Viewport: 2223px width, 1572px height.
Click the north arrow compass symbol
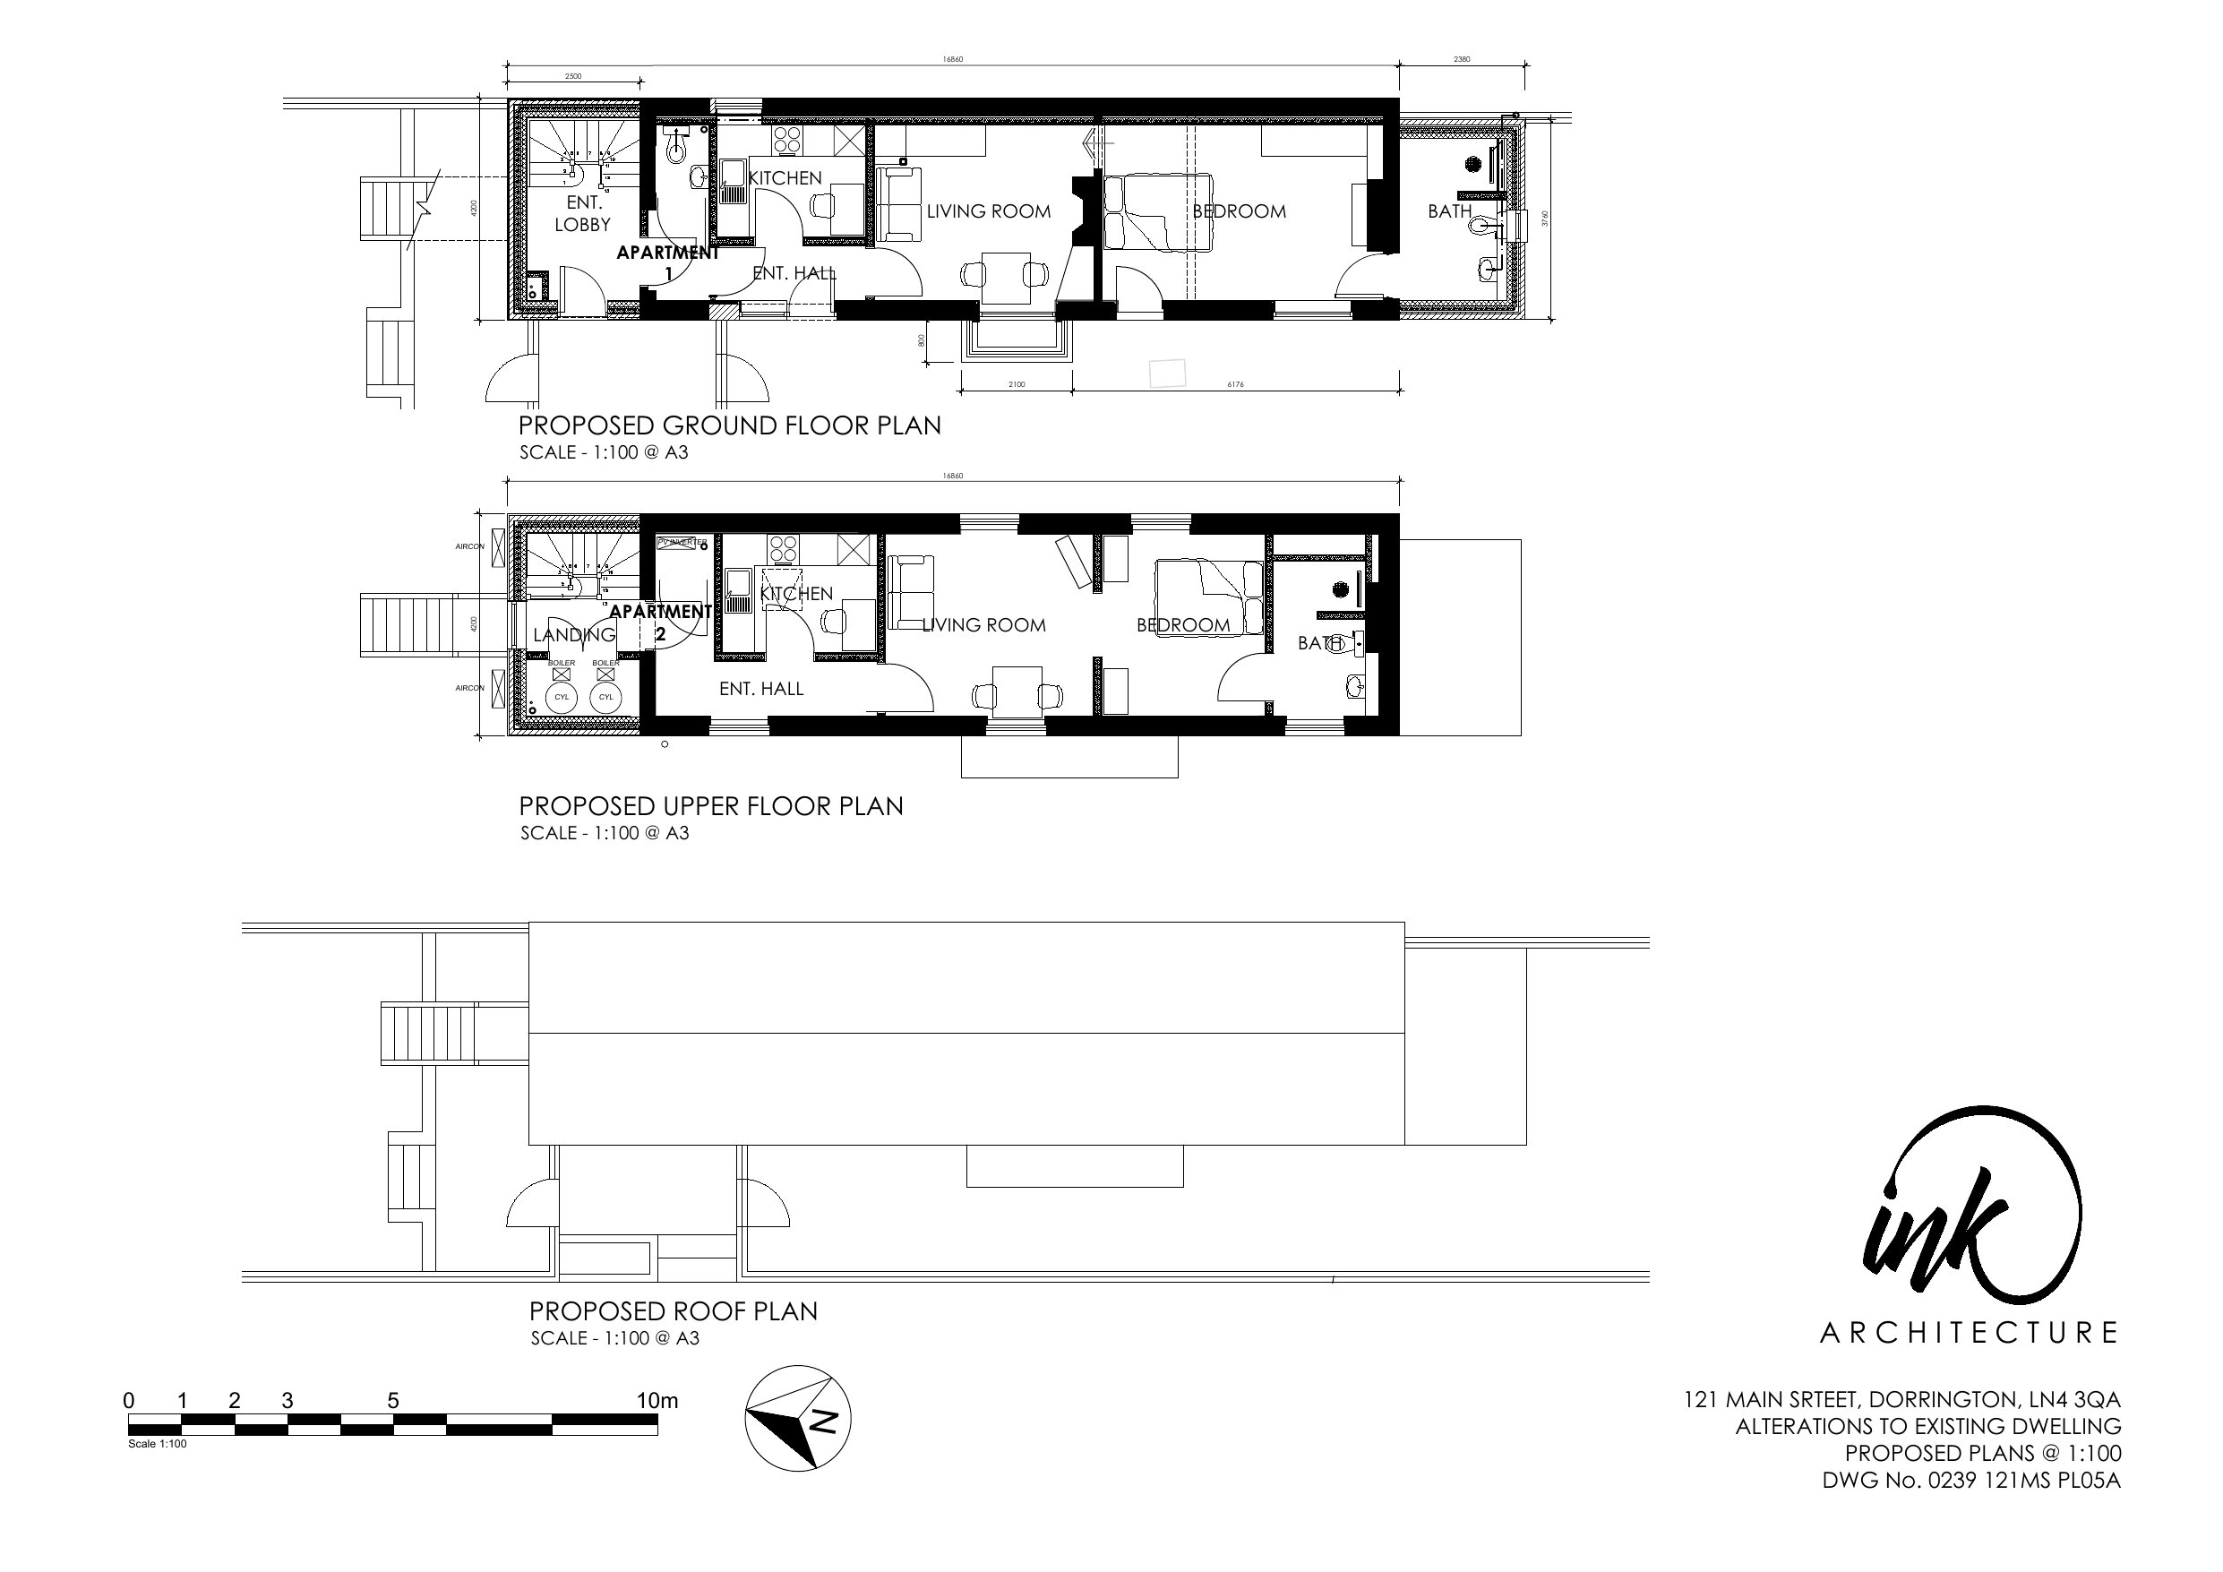tap(798, 1418)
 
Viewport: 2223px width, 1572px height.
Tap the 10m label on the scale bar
tap(657, 1401)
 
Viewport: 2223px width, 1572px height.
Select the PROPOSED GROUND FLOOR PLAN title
tap(729, 425)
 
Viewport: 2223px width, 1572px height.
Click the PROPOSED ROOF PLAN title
tap(673, 1310)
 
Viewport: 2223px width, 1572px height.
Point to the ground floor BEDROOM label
tap(1239, 211)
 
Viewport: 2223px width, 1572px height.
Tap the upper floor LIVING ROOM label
tap(983, 624)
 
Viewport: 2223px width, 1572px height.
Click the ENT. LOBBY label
tap(583, 213)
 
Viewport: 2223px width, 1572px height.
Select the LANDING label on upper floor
tap(574, 634)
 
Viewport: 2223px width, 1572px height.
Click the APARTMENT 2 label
tap(660, 622)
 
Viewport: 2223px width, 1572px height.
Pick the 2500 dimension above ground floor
tap(573, 75)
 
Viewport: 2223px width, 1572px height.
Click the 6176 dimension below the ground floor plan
tap(1235, 384)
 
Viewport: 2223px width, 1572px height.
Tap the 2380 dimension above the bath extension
tap(1462, 59)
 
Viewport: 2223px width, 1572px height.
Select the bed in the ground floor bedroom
tap(1159, 212)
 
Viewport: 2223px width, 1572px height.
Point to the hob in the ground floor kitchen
tap(785, 141)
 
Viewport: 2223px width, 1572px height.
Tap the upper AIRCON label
tap(469, 546)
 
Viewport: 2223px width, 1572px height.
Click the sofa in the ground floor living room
tap(897, 203)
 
